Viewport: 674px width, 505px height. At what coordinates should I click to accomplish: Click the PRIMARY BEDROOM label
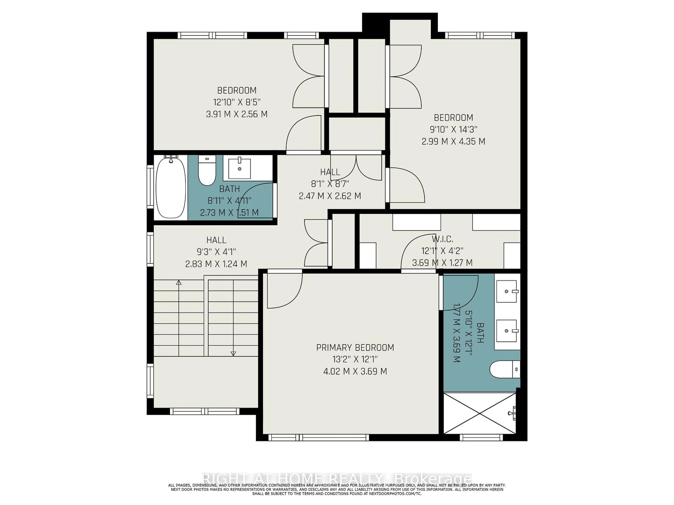[355, 348]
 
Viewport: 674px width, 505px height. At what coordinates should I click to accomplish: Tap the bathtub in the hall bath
[171, 187]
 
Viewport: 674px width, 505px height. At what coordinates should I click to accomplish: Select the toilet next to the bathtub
[207, 172]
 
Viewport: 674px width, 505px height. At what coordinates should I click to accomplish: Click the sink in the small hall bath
[239, 168]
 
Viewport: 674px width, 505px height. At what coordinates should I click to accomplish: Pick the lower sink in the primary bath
[506, 331]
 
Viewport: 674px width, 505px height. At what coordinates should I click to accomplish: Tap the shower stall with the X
[480, 413]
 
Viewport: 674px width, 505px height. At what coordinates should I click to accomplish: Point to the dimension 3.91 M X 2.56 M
[237, 114]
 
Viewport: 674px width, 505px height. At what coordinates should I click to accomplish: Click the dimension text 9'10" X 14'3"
[453, 129]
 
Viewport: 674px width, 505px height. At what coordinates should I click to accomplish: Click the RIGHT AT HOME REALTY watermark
[337, 477]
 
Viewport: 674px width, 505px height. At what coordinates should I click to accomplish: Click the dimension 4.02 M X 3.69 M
[355, 371]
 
